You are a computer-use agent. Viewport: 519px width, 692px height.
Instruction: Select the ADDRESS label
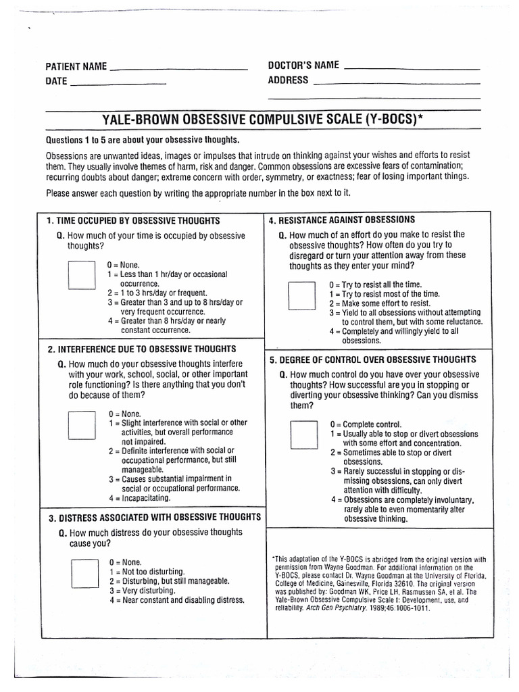point(288,80)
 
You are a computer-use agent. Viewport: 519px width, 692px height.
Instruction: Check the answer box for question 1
point(82,275)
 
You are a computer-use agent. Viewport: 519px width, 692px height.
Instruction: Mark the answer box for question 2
point(82,426)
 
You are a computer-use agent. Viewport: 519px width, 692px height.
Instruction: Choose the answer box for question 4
point(301,295)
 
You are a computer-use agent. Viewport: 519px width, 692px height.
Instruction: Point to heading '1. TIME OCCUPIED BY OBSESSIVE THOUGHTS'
point(133,222)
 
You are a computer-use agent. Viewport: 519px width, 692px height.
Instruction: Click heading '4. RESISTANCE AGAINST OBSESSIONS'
point(342,220)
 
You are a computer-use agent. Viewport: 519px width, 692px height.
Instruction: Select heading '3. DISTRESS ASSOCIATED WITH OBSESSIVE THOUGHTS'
point(154,518)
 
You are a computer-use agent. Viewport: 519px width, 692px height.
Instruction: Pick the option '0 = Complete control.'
point(366,424)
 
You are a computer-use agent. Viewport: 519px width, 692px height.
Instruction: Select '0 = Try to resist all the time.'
point(375,285)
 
